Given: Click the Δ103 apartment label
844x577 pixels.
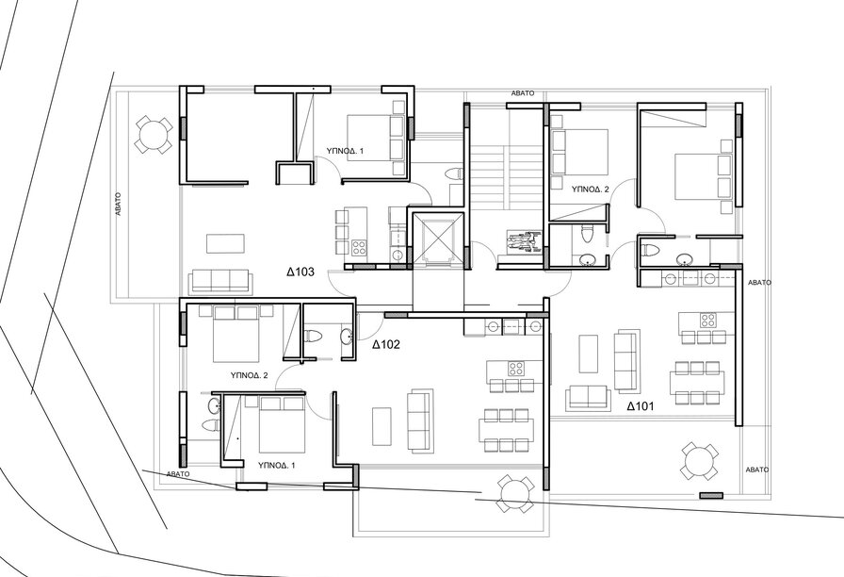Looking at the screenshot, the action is tap(300, 272).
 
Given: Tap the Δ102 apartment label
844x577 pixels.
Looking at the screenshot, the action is tap(386, 345).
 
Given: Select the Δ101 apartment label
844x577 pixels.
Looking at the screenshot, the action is tap(641, 406).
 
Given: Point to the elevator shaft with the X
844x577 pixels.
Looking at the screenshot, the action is tap(437, 239).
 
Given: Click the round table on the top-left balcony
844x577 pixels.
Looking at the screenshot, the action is tap(153, 134).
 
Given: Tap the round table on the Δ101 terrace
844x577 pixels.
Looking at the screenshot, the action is tap(699, 461).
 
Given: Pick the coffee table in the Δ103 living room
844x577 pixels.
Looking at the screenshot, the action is tap(225, 243).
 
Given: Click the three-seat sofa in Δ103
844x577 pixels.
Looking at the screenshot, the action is tap(220, 282).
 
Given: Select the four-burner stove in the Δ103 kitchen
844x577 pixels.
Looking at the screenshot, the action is tap(359, 248).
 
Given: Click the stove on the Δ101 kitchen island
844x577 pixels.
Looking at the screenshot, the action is tap(707, 320).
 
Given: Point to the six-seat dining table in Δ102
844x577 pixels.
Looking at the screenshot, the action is tap(506, 429).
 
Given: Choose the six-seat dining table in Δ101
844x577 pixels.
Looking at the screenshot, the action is tap(697, 383).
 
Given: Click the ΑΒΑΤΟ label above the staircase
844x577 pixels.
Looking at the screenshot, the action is tap(523, 93).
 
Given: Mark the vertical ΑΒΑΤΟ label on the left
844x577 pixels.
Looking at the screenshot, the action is tap(119, 205).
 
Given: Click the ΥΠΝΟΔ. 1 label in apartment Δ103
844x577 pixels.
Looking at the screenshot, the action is tap(345, 152).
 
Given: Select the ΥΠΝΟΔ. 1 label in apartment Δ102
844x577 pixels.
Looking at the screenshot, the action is tap(277, 465).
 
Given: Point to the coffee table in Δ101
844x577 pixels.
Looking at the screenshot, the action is tap(589, 354).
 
